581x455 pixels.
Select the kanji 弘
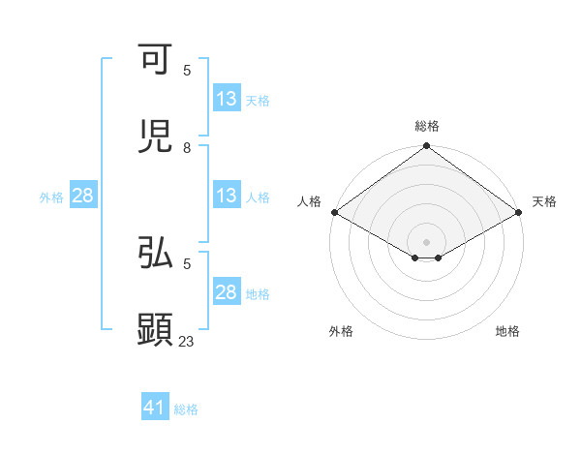click(x=155, y=254)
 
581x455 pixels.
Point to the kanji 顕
click(x=155, y=330)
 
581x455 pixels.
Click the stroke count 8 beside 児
click(x=187, y=147)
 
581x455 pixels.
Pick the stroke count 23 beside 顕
click(x=187, y=341)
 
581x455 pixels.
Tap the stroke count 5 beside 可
click(x=187, y=70)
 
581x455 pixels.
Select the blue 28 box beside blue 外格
click(x=82, y=196)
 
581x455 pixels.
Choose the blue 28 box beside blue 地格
click(x=226, y=292)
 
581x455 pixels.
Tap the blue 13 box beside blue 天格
click(x=226, y=99)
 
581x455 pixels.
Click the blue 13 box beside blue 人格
click(x=226, y=196)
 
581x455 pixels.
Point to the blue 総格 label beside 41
click(x=186, y=409)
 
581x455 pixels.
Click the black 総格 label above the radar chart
click(x=427, y=126)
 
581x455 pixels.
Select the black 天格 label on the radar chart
click(x=544, y=201)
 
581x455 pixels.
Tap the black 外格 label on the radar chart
click(x=341, y=331)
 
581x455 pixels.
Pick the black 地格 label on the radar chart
click(x=507, y=331)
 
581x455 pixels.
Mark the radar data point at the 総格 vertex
click(x=427, y=147)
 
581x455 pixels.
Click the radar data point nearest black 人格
click(x=334, y=212)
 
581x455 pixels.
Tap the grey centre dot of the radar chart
click(x=427, y=241)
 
